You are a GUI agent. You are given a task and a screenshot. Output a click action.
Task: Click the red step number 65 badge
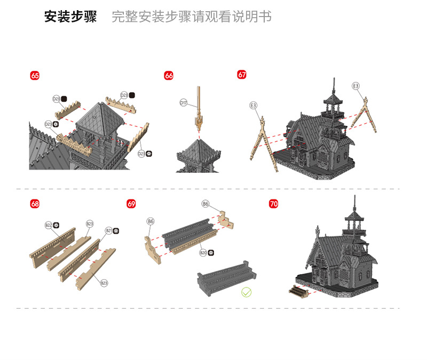pyautogui.click(x=35, y=76)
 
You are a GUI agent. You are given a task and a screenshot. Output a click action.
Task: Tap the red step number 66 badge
pyautogui.click(x=169, y=76)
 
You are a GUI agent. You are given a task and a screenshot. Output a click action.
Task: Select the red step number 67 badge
pyautogui.click(x=242, y=75)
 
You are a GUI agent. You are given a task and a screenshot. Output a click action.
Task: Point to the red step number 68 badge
pyautogui.click(x=35, y=204)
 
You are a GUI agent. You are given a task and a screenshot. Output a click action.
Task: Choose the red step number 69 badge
pyautogui.click(x=131, y=204)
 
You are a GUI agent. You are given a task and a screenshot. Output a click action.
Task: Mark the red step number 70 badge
pyautogui.click(x=274, y=204)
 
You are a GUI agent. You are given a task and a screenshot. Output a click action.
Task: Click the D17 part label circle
pyautogui.click(x=183, y=102)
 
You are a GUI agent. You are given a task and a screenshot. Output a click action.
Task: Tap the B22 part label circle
pyautogui.click(x=48, y=226)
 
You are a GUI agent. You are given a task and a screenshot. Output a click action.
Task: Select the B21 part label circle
pyautogui.click(x=108, y=231)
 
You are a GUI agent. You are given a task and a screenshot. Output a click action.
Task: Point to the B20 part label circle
pyautogui.click(x=203, y=253)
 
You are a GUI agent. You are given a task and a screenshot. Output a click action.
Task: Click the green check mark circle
pyautogui.click(x=246, y=292)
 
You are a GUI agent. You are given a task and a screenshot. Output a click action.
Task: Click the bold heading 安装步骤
pyautogui.click(x=70, y=17)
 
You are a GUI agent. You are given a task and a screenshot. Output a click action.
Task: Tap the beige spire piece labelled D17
pyautogui.click(x=199, y=107)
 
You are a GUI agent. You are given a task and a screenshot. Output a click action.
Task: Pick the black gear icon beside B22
pyautogui.click(x=56, y=226)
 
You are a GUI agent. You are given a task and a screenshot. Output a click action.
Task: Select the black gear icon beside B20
pyautogui.click(x=210, y=253)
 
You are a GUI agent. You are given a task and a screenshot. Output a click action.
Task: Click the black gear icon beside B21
pyautogui.click(x=116, y=231)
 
